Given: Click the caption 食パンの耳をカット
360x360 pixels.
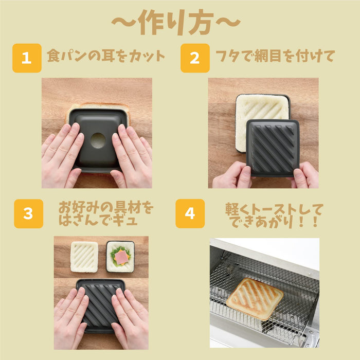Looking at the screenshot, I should (x=106, y=56).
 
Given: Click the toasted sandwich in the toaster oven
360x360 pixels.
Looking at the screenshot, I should (x=255, y=299).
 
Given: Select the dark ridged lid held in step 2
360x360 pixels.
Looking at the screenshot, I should (x=273, y=147).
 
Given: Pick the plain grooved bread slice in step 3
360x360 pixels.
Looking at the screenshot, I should (x=84, y=256).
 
